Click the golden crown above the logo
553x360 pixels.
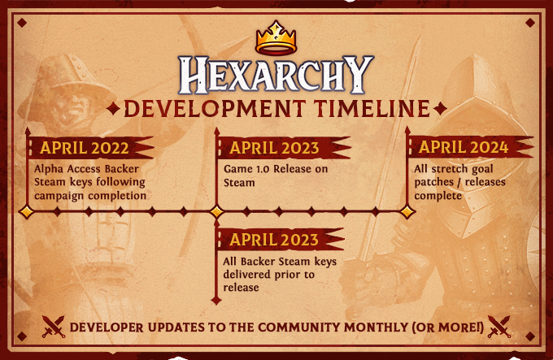pos(276,38)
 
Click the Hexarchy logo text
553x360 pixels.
pos(276,76)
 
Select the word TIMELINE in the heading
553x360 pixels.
pos(372,108)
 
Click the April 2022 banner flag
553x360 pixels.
pos(90,148)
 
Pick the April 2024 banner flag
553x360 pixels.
pos(470,147)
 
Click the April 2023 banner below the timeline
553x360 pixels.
pos(281,240)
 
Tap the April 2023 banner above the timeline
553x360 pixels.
pos(283,148)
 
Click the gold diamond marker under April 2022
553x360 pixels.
pos(27,212)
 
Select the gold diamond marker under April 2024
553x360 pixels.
pos(407,212)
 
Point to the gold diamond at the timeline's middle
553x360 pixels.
pos(216,212)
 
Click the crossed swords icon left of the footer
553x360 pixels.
pos(53,327)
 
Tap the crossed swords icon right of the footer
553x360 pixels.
pos(499,327)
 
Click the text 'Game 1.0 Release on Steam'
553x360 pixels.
pos(276,176)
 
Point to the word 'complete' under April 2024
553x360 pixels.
pos(438,196)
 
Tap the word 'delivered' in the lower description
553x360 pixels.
pos(248,274)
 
